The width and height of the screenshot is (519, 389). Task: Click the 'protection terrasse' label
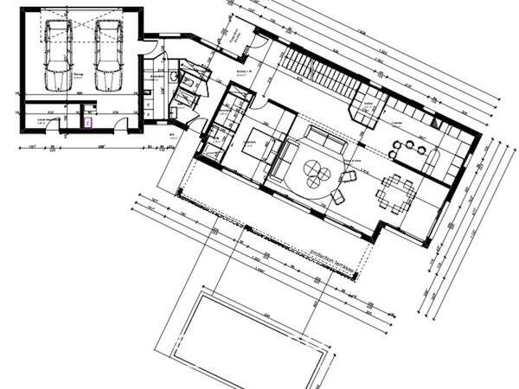334,259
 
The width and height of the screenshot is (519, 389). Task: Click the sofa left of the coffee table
281,160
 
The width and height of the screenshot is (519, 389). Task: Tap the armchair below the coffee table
336,197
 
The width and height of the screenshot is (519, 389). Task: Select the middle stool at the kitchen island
407,150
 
